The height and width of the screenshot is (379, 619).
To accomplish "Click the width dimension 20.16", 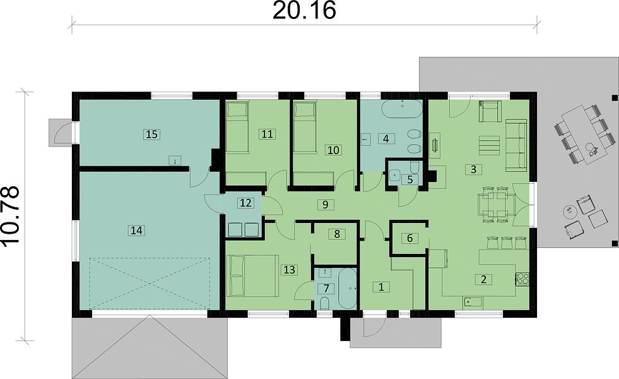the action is point(304,11).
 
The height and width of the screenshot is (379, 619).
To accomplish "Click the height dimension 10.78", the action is point(11,216).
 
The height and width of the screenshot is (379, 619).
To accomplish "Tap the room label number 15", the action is point(152,135).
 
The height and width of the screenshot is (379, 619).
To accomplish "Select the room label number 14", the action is point(136,230).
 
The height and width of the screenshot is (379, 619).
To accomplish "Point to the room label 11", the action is point(267,134).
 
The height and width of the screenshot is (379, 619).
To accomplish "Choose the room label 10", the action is point(333,150).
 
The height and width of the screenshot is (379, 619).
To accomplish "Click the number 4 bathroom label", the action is point(386,139).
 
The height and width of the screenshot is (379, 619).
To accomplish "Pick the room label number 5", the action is point(410,179).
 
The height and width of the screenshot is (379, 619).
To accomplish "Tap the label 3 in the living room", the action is point(473,169).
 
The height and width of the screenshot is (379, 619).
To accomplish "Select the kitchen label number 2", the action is point(483,279).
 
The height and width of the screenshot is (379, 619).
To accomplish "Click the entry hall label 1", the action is point(381,287).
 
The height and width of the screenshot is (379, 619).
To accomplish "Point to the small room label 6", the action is point(410,238).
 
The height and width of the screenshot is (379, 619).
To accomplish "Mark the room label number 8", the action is point(337,234).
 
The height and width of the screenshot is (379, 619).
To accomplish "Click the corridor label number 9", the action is point(326,204).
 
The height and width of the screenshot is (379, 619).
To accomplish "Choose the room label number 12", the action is point(245,203).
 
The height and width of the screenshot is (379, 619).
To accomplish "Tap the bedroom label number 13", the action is point(290,270).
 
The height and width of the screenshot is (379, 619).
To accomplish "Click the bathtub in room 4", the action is point(402,109).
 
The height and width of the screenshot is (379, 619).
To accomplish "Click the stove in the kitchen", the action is point(522,279).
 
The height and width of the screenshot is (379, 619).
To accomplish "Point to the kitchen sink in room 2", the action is point(473,303).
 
